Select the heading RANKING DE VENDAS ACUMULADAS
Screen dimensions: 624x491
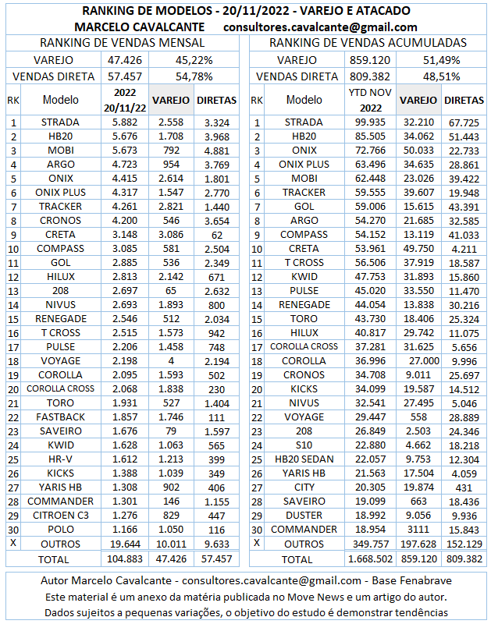[368, 43]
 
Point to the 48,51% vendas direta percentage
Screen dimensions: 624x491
[441, 76]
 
